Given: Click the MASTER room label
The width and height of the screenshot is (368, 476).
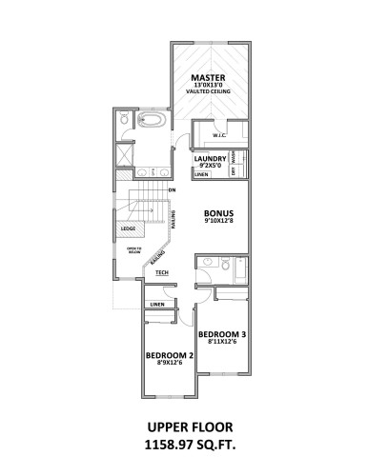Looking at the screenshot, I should click(x=207, y=77).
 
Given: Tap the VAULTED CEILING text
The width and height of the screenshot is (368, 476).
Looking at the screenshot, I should click(x=207, y=92).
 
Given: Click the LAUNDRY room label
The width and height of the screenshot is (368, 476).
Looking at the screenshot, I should click(x=210, y=158).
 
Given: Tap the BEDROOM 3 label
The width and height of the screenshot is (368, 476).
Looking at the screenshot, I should click(x=223, y=334).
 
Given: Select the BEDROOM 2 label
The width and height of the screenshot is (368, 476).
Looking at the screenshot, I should click(x=170, y=356).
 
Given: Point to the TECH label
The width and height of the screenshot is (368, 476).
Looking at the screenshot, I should click(x=162, y=273).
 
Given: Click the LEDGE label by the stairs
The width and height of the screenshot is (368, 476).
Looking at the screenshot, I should click(x=128, y=229).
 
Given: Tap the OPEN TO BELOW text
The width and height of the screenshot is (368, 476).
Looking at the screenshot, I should click(x=134, y=251).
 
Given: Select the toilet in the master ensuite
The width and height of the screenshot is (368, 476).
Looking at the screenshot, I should click(x=125, y=121).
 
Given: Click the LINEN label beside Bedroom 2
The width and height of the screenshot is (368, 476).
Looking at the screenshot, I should click(x=156, y=305).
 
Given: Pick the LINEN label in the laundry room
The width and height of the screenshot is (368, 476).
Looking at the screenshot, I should click(x=201, y=175).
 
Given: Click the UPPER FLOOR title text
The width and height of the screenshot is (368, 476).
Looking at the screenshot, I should click(x=184, y=427).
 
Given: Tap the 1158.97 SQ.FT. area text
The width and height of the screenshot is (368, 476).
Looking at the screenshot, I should click(x=184, y=444).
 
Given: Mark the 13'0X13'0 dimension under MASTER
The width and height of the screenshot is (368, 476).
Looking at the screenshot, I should click(x=207, y=86).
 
